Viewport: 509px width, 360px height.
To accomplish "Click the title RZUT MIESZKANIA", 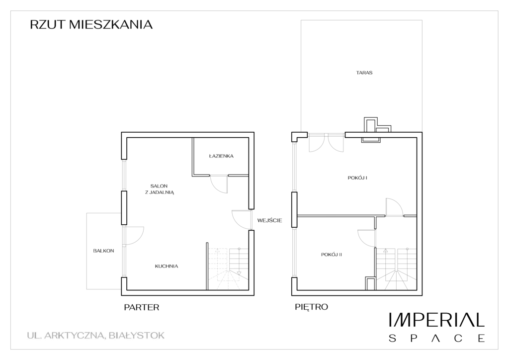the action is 91,25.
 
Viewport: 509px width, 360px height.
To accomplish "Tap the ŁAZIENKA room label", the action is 221,156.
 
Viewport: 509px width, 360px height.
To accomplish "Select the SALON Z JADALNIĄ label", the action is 159,189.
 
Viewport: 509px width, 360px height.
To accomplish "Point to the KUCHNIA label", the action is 167,266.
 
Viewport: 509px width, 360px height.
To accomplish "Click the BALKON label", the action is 103,251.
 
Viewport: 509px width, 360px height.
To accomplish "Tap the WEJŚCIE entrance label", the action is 269,220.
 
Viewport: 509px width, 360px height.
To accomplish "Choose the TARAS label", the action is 364,73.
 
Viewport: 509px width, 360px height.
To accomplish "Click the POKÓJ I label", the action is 357,178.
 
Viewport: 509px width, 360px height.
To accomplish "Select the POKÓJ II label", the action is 332,255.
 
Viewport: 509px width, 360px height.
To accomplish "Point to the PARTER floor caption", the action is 142,307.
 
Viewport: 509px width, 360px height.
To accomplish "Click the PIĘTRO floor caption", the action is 311,306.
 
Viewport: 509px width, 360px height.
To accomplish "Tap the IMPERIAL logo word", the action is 437,320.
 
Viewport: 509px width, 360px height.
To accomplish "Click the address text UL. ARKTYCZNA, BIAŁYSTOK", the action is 96,335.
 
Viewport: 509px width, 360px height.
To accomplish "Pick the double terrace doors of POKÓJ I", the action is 326,142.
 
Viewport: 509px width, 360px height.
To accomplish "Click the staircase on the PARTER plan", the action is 228,269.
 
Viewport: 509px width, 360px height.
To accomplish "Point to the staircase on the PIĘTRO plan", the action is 396,269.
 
